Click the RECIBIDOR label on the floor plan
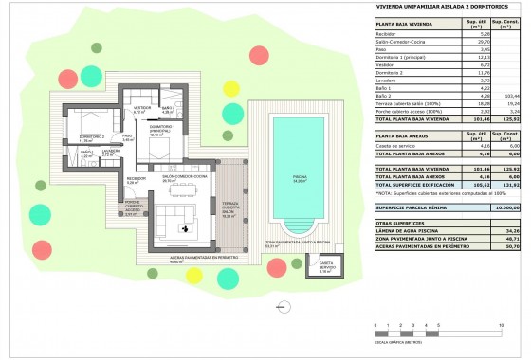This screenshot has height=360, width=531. tap(135, 179)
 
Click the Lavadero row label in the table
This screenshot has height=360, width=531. tap(390, 82)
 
